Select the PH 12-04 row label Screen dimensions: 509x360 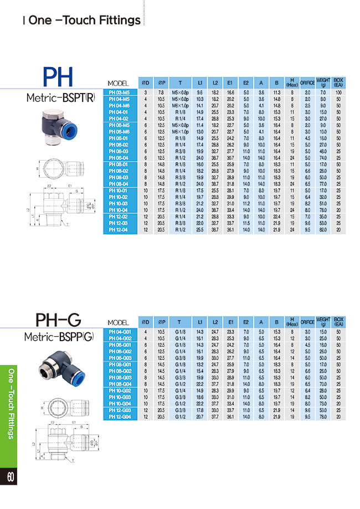click(119, 230)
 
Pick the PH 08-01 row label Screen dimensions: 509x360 click(119, 164)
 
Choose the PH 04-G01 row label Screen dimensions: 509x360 click(119, 332)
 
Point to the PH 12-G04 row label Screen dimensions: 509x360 click(119, 417)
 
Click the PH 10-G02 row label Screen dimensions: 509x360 click(119, 390)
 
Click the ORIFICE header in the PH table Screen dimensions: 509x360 click(307, 83)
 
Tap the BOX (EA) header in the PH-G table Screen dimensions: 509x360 click(338, 322)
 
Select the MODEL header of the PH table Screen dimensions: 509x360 click(119, 83)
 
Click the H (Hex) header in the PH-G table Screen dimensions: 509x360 click(292, 322)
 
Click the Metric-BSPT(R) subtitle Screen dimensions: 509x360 click(60, 99)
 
